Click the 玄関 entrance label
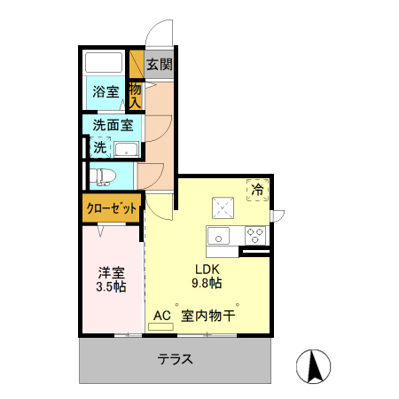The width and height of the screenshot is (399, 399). (x=159, y=64)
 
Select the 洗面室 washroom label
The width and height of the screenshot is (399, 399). (x=113, y=125)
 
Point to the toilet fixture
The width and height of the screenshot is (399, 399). (x=103, y=174)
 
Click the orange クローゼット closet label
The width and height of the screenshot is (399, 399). (x=112, y=210)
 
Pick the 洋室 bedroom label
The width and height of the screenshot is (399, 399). (x=111, y=271)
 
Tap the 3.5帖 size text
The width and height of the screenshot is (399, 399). (x=111, y=287)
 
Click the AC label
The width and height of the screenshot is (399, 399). (x=160, y=315)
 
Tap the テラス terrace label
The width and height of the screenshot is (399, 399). (x=176, y=360)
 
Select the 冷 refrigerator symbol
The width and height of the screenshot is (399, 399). (x=256, y=190)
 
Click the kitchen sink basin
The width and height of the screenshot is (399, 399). (x=218, y=236)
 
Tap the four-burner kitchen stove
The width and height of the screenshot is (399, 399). (x=254, y=236)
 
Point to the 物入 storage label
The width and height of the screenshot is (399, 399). (x=136, y=93)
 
